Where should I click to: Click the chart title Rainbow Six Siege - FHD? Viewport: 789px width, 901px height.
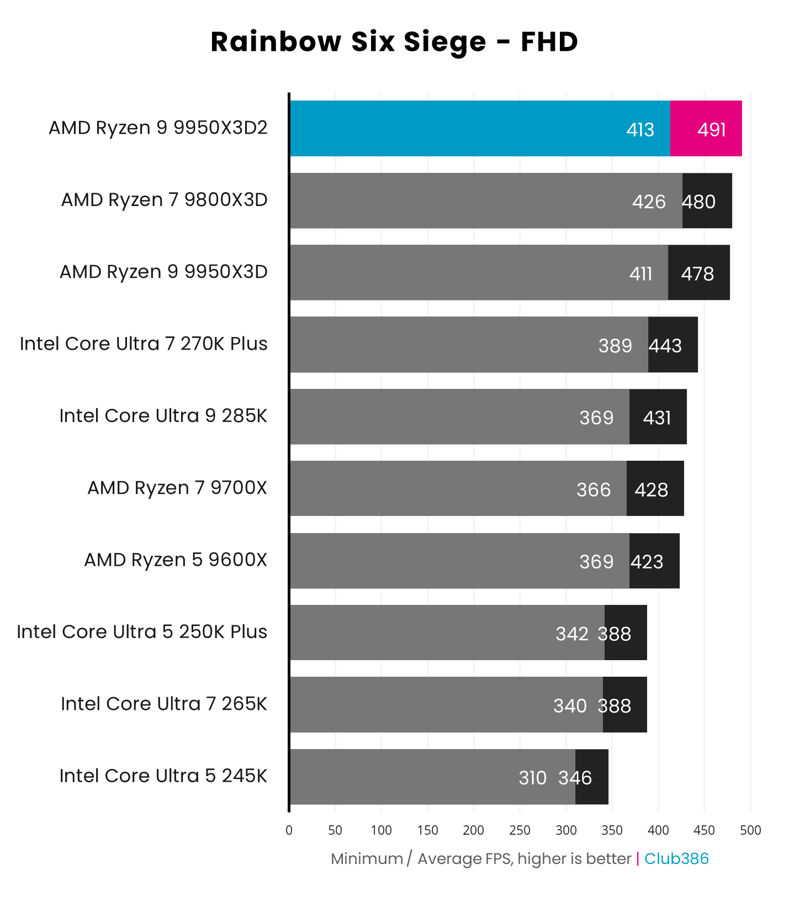point(394,42)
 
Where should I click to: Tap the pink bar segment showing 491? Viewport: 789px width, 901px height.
point(706,129)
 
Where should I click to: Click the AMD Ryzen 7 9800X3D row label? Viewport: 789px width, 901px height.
point(164,200)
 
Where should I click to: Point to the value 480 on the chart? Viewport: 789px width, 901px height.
point(699,202)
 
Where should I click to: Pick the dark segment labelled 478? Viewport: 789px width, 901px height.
point(698,273)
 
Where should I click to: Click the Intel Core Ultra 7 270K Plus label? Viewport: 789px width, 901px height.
point(144,344)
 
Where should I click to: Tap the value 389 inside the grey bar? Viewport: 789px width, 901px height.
point(615,346)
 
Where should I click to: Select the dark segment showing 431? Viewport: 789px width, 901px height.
point(658,417)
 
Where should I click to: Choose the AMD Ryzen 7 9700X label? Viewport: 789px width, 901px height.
point(177,488)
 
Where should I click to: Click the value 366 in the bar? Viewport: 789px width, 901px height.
point(594,490)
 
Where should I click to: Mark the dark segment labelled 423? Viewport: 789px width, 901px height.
point(654,561)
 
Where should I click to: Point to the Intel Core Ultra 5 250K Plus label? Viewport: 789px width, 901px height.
point(142,632)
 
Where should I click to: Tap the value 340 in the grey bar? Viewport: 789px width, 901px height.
point(570,706)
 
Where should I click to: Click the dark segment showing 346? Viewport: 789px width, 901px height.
point(592,777)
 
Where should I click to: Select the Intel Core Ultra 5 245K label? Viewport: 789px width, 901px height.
point(163,776)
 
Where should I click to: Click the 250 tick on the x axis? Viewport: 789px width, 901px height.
point(520,830)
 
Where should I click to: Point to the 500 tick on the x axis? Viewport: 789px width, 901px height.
point(750,830)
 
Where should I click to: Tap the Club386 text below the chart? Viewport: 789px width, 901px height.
point(676,858)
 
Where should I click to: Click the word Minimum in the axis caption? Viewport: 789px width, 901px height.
point(367,858)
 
